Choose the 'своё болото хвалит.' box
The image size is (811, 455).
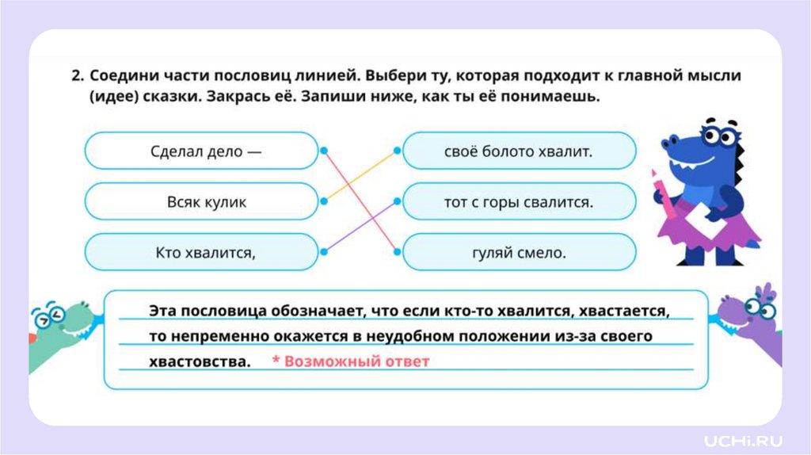(x=519, y=151)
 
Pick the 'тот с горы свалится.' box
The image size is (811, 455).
(x=519, y=201)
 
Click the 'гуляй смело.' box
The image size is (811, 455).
(x=519, y=252)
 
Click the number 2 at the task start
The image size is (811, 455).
(x=76, y=76)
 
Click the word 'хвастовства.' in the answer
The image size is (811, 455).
(x=199, y=361)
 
